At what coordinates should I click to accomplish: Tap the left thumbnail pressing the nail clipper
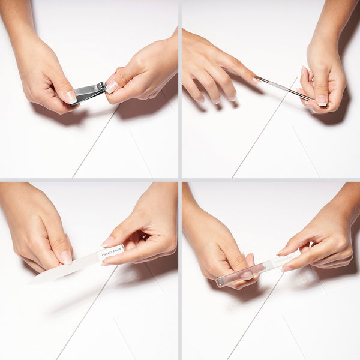[70, 96]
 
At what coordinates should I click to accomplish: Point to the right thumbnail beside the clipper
[112, 87]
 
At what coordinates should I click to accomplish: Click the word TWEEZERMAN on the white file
[112, 252]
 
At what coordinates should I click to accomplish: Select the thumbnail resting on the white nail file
[65, 257]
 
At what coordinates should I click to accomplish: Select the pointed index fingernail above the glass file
[281, 252]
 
